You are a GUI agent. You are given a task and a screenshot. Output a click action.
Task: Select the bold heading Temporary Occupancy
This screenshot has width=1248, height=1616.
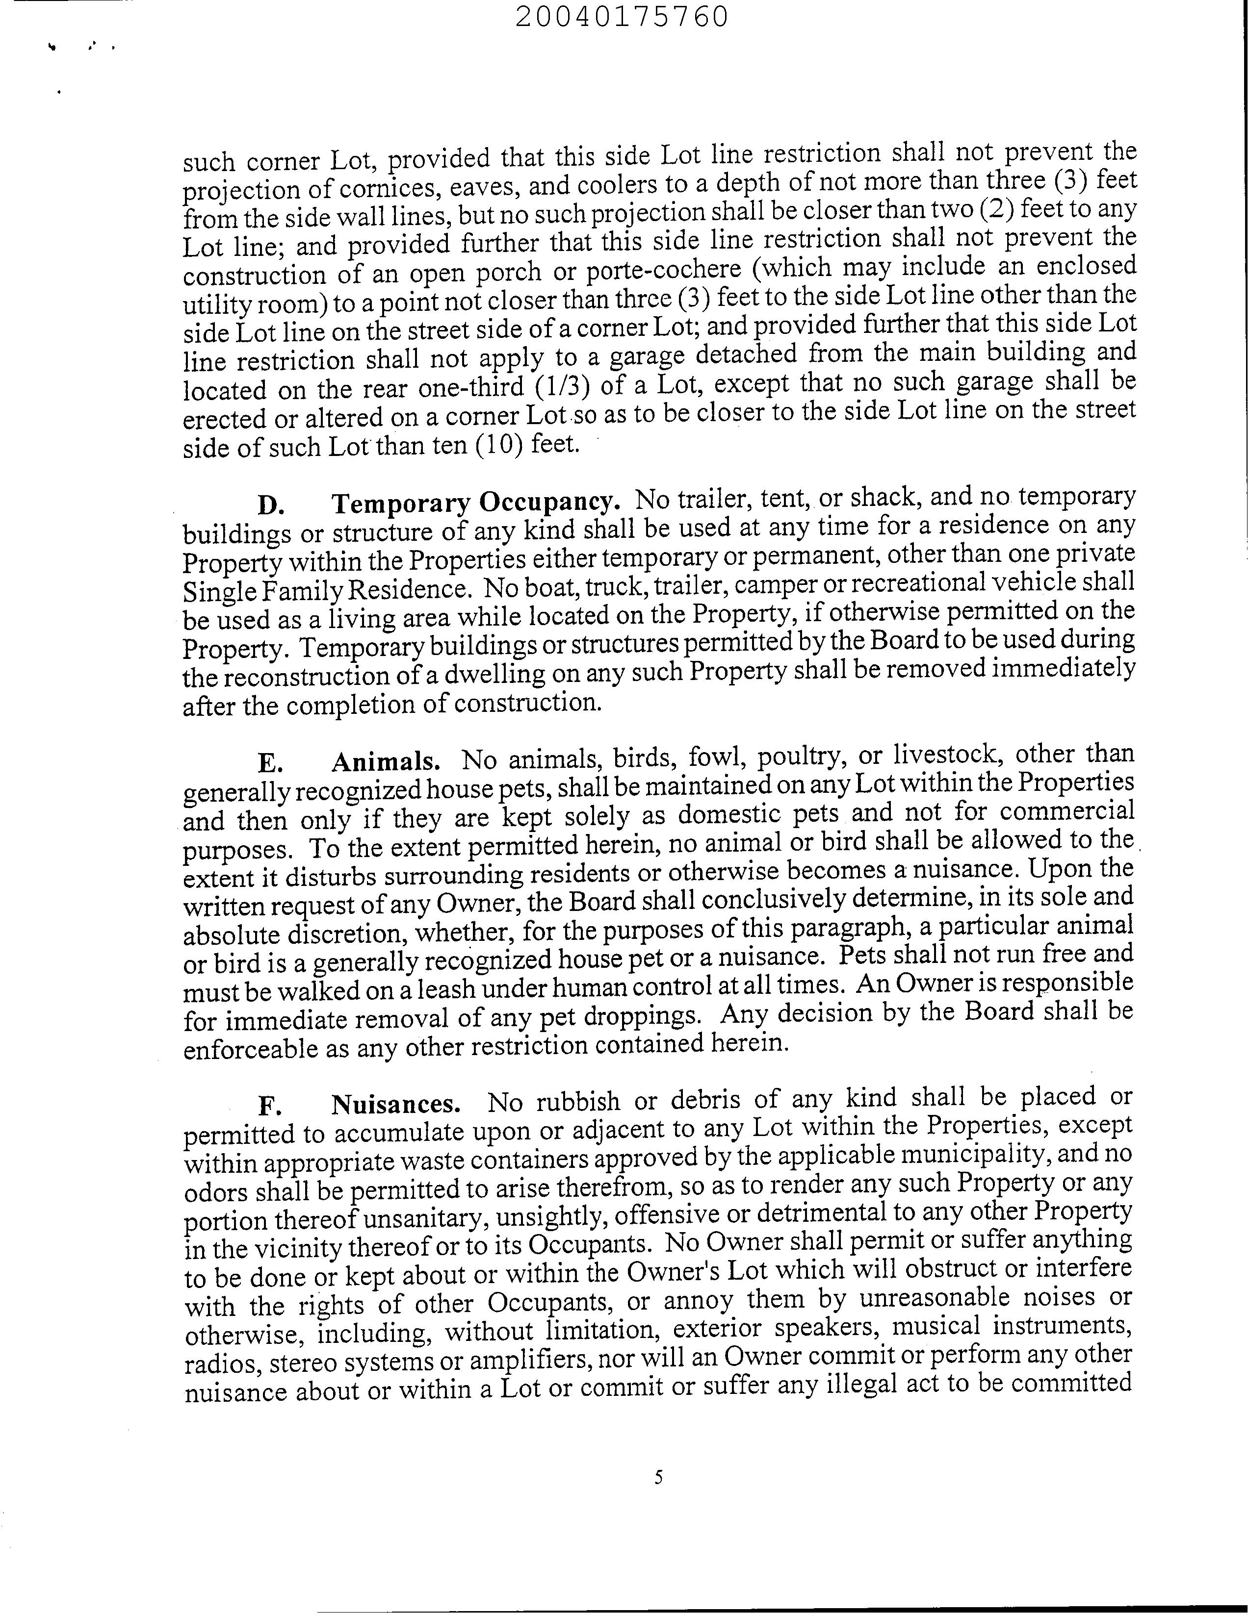click(476, 503)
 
